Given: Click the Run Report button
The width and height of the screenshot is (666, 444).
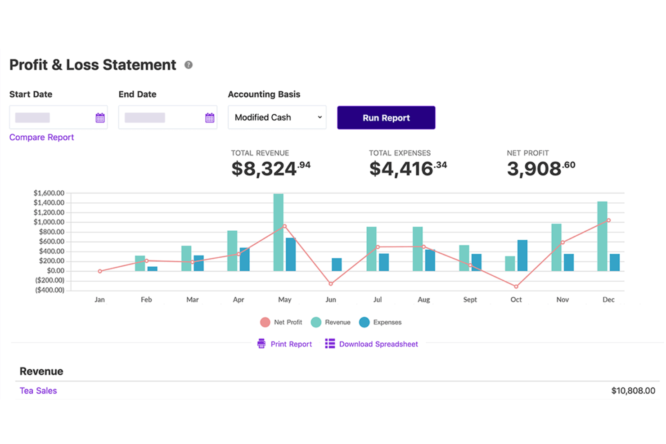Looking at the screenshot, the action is pos(386,118).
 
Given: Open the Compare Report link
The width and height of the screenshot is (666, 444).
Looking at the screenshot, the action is pos(41,137).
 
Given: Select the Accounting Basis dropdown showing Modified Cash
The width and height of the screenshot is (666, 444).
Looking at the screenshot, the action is pos(277,117).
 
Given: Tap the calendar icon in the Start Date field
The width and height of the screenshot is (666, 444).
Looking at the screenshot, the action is pos(100,118).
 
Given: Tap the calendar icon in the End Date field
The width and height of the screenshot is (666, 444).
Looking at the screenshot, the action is pos(210,118).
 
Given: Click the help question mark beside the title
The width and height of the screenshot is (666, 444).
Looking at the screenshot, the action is pos(188,65).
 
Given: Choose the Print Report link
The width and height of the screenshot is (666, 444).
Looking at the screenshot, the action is pos(285,344).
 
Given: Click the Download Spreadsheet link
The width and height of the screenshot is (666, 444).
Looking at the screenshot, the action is pos(371,344).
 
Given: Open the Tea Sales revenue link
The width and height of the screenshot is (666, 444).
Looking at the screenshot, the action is pos(38,390).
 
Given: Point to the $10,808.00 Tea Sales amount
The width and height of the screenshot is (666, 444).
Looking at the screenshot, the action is pos(633,390).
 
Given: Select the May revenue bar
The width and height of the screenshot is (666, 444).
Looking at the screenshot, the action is pos(278,233).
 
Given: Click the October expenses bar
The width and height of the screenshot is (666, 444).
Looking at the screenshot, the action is pos(522,256).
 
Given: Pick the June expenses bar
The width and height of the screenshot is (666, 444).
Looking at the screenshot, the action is pos(337,265).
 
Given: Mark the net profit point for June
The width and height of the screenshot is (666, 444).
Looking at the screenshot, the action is pos(331,284).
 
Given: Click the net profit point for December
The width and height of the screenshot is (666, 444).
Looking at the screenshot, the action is pos(608,220).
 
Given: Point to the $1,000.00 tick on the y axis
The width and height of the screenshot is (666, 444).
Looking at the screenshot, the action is pos(49,222).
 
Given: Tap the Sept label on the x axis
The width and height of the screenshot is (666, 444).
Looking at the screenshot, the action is pos(470,300).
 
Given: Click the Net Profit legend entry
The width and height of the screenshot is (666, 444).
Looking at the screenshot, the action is pos(281,322).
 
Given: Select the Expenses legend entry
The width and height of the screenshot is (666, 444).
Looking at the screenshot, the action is pos(380,322).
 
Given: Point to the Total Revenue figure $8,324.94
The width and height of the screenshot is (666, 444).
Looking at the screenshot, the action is pos(271,169).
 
